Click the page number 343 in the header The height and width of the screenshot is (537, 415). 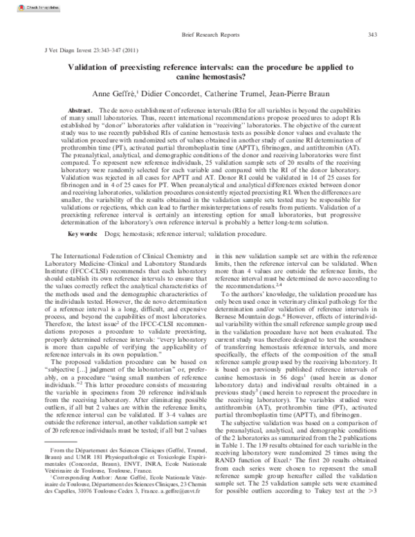[372, 34]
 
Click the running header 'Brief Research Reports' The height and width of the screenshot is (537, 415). [210, 34]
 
